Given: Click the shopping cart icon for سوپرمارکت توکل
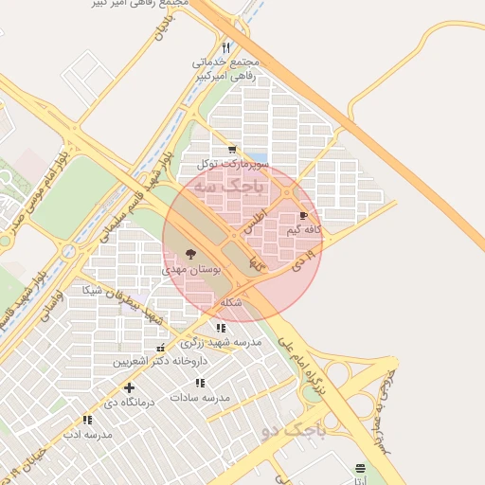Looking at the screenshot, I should coord(232,150).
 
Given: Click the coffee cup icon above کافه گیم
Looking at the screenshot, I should coord(304,217).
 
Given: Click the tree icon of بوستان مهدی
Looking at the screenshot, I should coord(191,254).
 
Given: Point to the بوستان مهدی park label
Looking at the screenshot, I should coord(192,270).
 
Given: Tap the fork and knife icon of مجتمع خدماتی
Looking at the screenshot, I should coord(225,47).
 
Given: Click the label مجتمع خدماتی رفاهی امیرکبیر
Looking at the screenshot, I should coord(225,69).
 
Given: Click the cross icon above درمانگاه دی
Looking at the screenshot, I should coord(129,387).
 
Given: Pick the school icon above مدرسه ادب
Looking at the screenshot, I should coord(87,420).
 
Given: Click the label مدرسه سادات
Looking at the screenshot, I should coord(201,398).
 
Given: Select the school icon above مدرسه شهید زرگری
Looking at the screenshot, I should coord(222,328).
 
